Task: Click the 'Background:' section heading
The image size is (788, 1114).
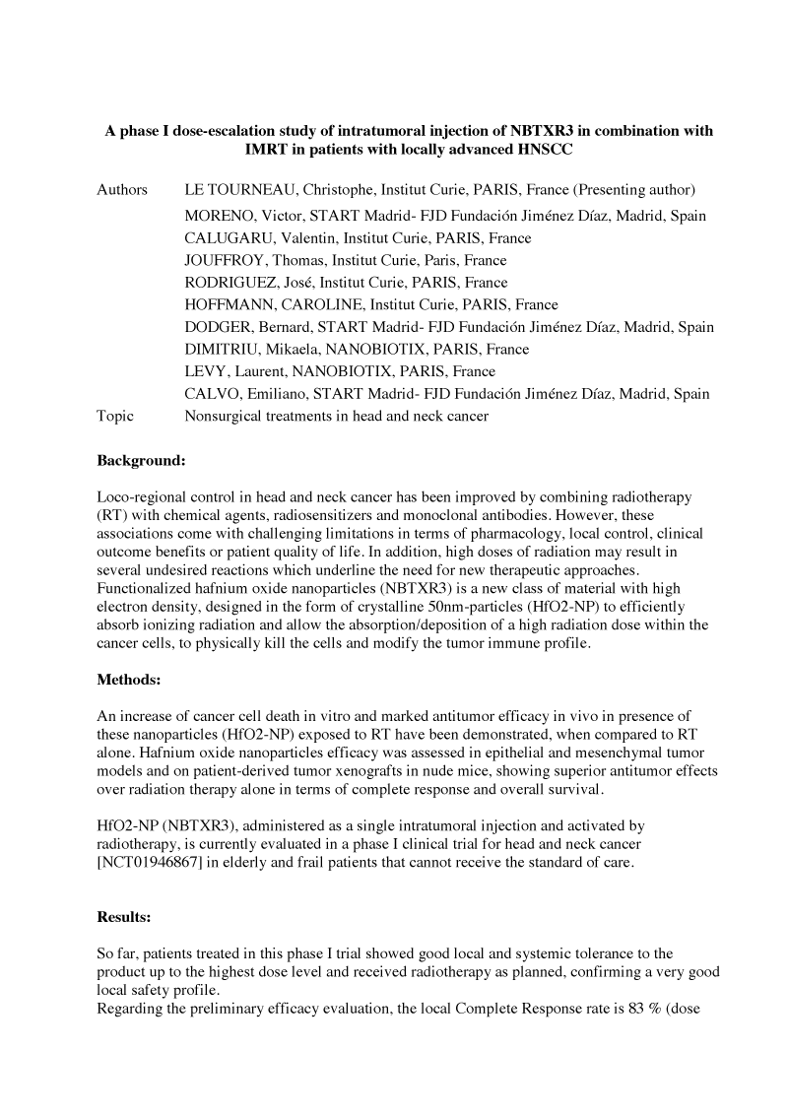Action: (x=141, y=460)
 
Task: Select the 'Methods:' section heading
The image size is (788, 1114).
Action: (x=129, y=680)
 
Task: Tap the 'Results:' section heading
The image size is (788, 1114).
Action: (x=124, y=917)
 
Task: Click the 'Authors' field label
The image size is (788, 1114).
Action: (x=122, y=190)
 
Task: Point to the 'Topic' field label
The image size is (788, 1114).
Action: (x=115, y=416)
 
